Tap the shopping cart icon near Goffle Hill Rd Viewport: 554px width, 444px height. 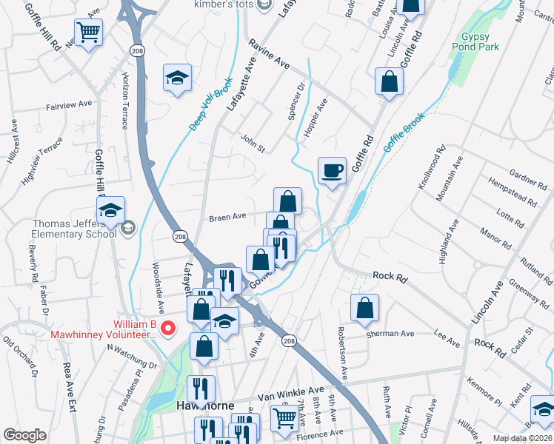88,32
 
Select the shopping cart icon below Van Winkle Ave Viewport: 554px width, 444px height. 284,418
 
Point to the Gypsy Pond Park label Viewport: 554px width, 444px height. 479,41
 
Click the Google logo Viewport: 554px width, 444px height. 24,434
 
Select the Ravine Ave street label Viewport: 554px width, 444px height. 269,55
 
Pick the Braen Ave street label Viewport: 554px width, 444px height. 227,217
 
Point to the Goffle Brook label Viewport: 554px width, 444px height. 404,132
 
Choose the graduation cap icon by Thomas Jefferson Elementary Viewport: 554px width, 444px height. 110,209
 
